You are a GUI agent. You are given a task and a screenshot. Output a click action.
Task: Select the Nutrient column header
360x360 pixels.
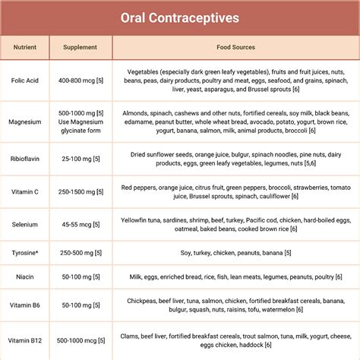25,48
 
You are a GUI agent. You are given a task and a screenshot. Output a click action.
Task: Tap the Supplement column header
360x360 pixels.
81,48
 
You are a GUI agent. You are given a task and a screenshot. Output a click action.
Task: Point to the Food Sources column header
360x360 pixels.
235,48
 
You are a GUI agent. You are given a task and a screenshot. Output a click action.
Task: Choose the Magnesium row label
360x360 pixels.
25,122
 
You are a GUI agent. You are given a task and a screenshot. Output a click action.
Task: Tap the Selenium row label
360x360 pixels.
25,224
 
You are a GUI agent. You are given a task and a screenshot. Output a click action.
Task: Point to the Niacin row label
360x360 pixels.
25,279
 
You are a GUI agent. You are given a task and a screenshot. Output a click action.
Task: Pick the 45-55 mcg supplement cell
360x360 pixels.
81,224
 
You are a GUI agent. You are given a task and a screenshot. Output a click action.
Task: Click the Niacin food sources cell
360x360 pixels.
235,279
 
